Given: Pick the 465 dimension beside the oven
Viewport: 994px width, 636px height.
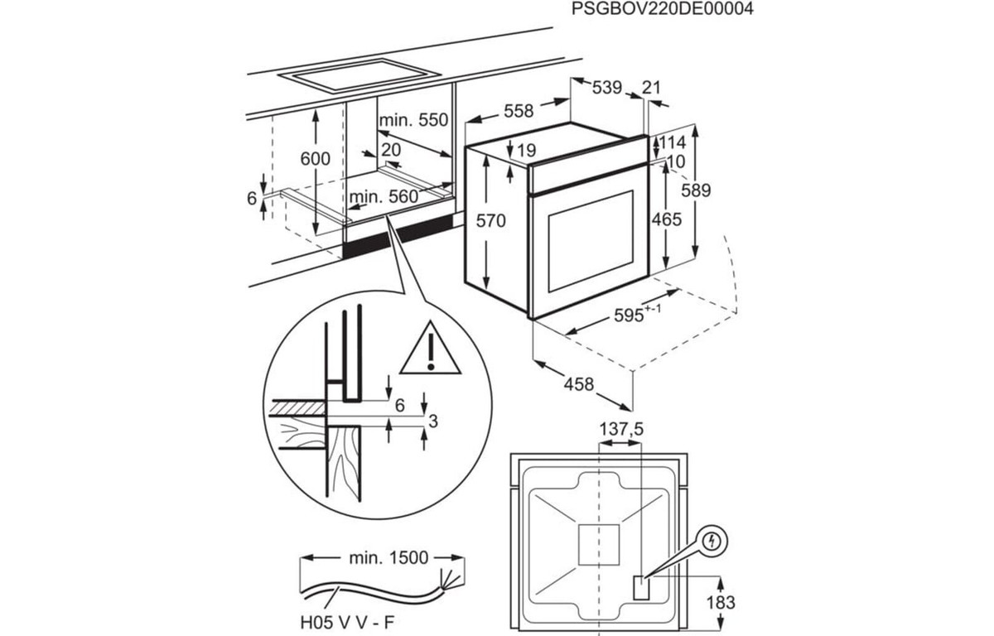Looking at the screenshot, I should (666, 219).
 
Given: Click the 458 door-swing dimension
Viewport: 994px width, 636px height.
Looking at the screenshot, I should (579, 383).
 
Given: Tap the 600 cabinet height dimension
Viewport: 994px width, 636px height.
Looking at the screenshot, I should (316, 159).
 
